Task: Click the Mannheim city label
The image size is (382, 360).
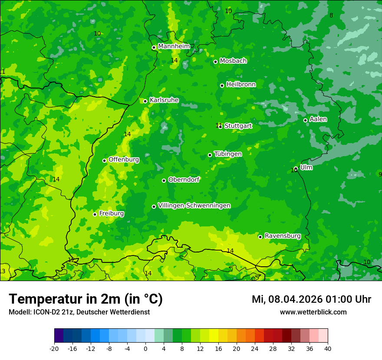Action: tap(174, 46)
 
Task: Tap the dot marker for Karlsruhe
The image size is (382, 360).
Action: tap(145, 101)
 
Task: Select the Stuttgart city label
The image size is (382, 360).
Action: tap(238, 126)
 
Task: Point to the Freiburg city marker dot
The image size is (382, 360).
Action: tap(95, 214)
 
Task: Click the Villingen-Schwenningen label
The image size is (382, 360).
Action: tap(194, 206)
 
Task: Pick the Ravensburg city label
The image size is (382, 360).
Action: tap(283, 236)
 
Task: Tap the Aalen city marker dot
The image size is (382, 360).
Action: tap(305, 120)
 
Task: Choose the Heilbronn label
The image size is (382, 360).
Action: tap(241, 85)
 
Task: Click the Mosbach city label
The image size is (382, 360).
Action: tap(233, 61)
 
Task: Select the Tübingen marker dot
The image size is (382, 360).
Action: tap(210, 155)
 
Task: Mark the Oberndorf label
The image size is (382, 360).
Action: tap(184, 180)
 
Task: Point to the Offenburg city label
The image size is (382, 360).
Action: tap(124, 160)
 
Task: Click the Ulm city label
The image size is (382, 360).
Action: tap(306, 167)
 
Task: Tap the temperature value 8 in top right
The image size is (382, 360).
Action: tap(331, 16)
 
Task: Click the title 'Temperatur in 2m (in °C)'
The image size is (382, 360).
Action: tap(86, 299)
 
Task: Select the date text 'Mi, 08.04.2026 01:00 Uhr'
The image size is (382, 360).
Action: tap(311, 299)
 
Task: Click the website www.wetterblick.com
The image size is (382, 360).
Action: tap(313, 312)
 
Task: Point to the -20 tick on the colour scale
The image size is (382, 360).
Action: tap(54, 348)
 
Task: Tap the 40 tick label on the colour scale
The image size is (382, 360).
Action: tap(328, 348)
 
